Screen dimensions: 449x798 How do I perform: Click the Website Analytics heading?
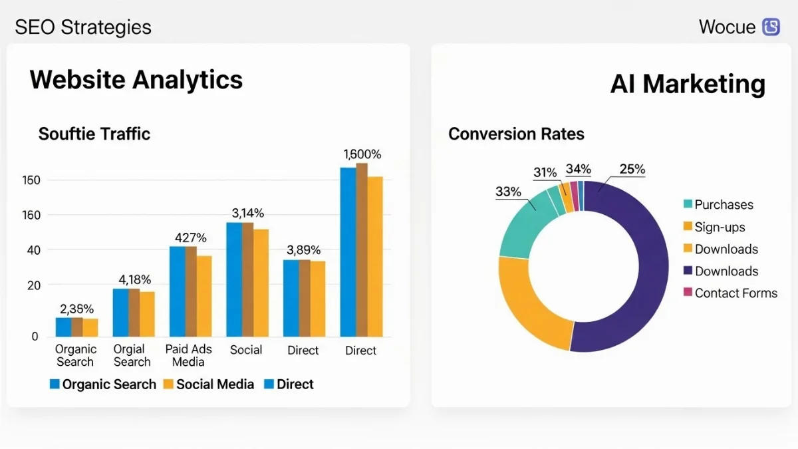point(136,80)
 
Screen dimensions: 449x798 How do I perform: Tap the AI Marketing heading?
point(688,84)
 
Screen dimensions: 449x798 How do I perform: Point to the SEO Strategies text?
point(83,27)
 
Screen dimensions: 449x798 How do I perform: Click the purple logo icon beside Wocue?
point(771,27)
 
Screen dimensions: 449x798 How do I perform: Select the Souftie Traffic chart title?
point(94,134)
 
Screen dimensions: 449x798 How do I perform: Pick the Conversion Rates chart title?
point(516,134)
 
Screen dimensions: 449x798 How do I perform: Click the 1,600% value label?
point(362,154)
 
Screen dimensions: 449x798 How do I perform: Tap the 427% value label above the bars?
point(191,237)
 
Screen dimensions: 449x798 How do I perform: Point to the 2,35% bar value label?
point(76,309)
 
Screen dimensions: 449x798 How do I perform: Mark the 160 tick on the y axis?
point(31,215)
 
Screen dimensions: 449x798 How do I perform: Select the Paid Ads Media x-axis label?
point(188,356)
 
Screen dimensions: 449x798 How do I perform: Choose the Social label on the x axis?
point(246,350)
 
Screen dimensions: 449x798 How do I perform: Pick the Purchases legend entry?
point(724,205)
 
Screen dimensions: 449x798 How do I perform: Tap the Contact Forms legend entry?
point(735,293)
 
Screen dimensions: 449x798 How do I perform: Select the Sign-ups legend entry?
point(720,227)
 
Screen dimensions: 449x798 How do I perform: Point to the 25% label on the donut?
point(632,169)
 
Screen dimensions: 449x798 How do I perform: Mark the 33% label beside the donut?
point(508,192)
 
